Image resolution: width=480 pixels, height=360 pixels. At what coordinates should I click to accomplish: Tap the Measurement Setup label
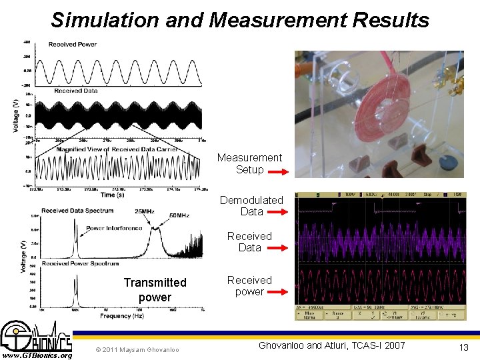(249, 163)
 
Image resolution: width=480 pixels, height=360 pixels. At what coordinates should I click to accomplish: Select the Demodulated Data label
(251, 205)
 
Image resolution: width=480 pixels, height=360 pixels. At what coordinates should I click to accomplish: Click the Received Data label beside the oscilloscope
(249, 241)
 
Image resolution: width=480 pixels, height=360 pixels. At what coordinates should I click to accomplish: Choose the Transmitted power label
(155, 289)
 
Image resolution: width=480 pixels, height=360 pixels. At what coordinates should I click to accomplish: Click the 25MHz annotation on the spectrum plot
(145, 211)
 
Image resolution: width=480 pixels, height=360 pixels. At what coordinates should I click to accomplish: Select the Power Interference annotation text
(114, 228)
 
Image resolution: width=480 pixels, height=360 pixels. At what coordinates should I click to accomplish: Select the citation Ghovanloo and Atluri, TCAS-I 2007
(331, 345)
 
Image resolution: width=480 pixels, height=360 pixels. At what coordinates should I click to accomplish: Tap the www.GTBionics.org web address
(37, 355)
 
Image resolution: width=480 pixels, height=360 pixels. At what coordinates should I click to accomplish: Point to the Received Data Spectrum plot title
(77, 211)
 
